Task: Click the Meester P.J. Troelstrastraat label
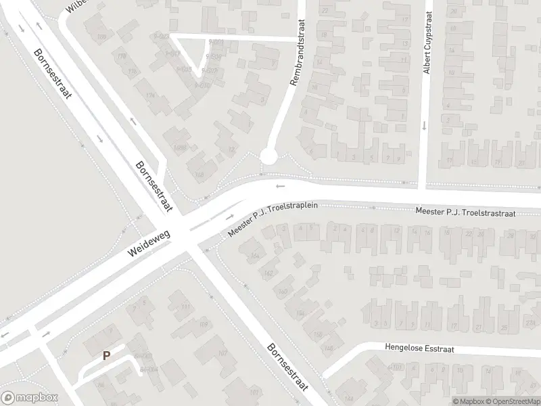point(466,213)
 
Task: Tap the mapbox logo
point(28,399)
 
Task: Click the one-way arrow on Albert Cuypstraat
point(423,125)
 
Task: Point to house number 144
point(349,399)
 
